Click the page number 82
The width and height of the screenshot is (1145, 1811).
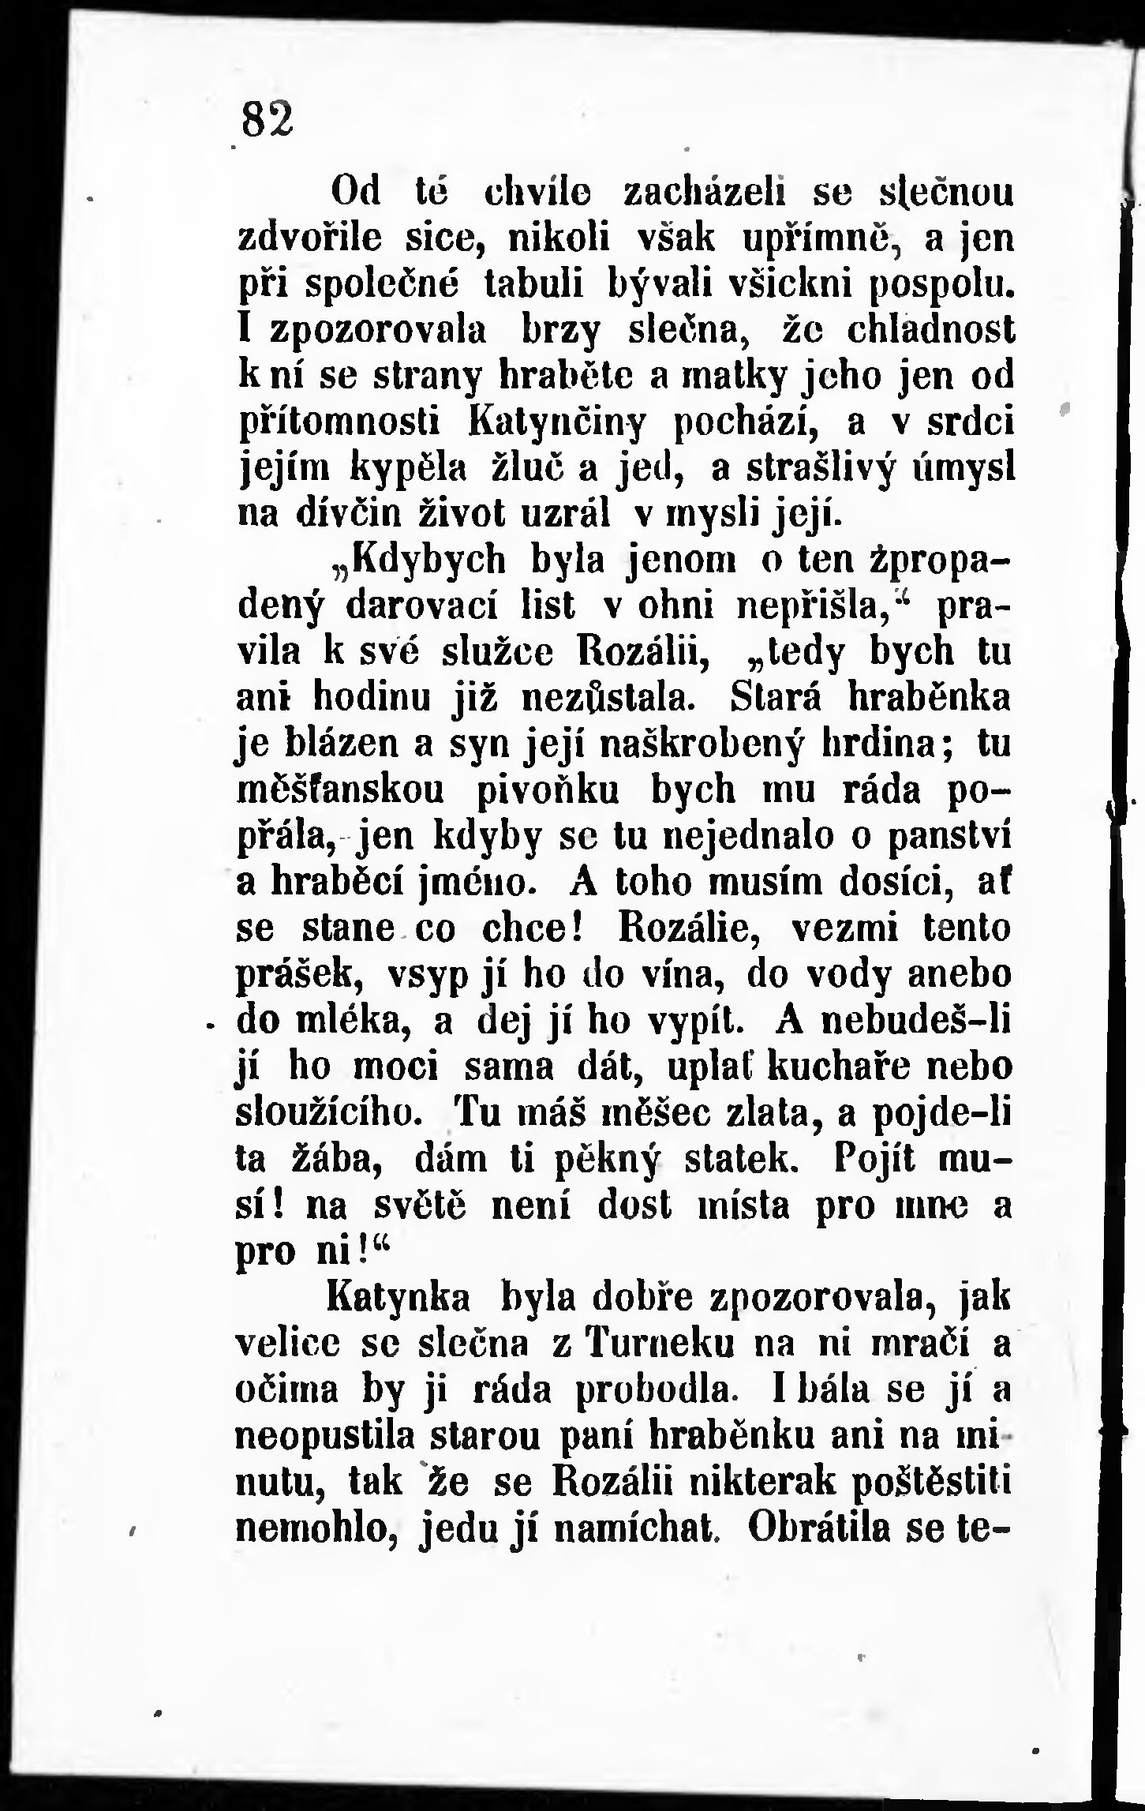point(267,120)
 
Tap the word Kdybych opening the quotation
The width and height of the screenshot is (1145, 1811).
point(417,560)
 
